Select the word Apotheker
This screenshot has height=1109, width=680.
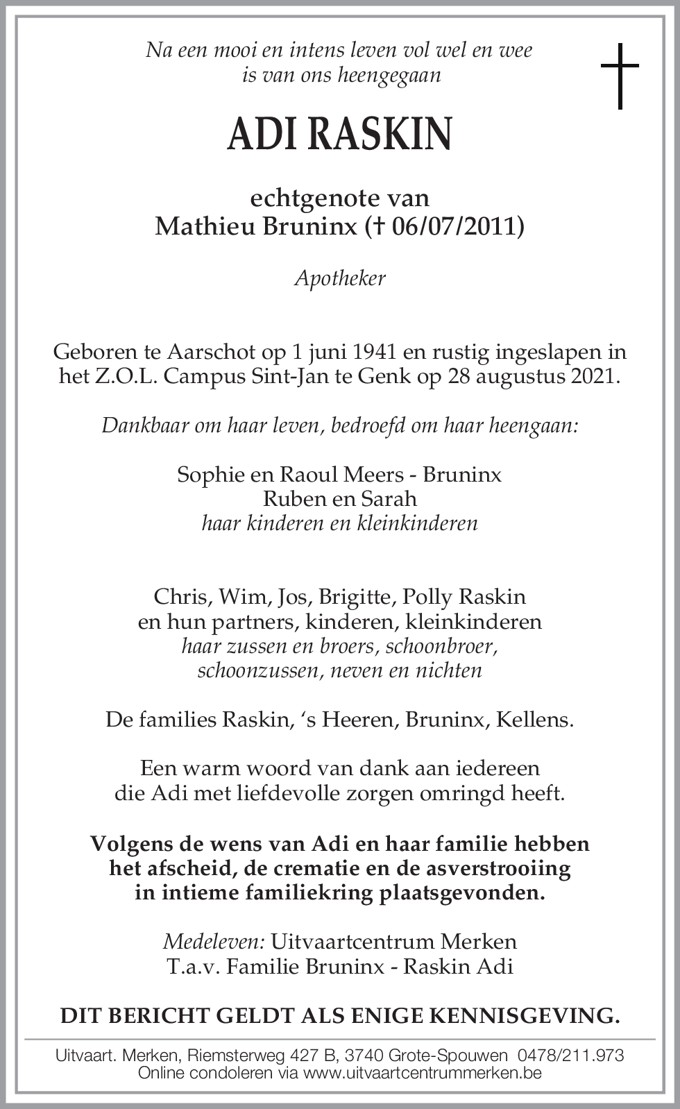click(x=340, y=278)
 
